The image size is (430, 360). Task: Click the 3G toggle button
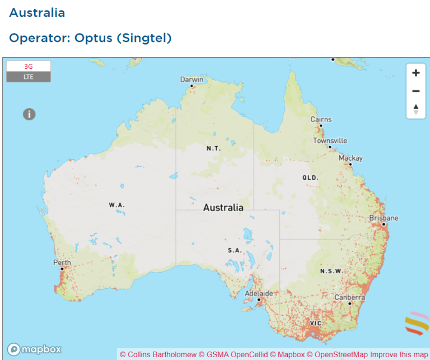coord(29,66)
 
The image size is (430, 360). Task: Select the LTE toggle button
coord(29,77)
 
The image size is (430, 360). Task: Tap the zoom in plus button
coord(415,73)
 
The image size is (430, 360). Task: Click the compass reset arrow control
coord(415,109)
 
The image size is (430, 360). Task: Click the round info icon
coord(29,114)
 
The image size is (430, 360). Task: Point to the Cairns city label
coord(321,119)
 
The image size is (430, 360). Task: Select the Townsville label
coord(330,141)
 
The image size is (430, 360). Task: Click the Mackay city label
coord(350,158)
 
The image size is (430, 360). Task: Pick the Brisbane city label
coord(384,218)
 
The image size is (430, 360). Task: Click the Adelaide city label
coord(259,293)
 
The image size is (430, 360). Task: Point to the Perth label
coord(62,262)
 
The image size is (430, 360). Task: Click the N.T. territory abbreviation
coord(213,148)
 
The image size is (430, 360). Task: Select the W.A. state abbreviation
coord(116,205)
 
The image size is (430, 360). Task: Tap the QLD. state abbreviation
coord(310,177)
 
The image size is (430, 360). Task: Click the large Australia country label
coord(223,208)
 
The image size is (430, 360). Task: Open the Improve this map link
coord(399,354)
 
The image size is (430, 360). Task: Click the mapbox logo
coord(34,349)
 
